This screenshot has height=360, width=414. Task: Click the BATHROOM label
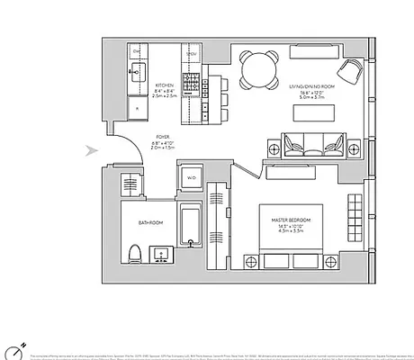pos(150,221)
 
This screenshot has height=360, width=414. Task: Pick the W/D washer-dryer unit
pos(190,177)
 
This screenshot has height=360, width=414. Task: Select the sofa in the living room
pos(311,144)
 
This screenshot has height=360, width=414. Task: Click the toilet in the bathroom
pos(131,253)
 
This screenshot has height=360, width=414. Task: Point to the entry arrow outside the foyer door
pos(89,150)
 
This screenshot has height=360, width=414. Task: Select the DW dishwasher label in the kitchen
pos(135,53)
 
